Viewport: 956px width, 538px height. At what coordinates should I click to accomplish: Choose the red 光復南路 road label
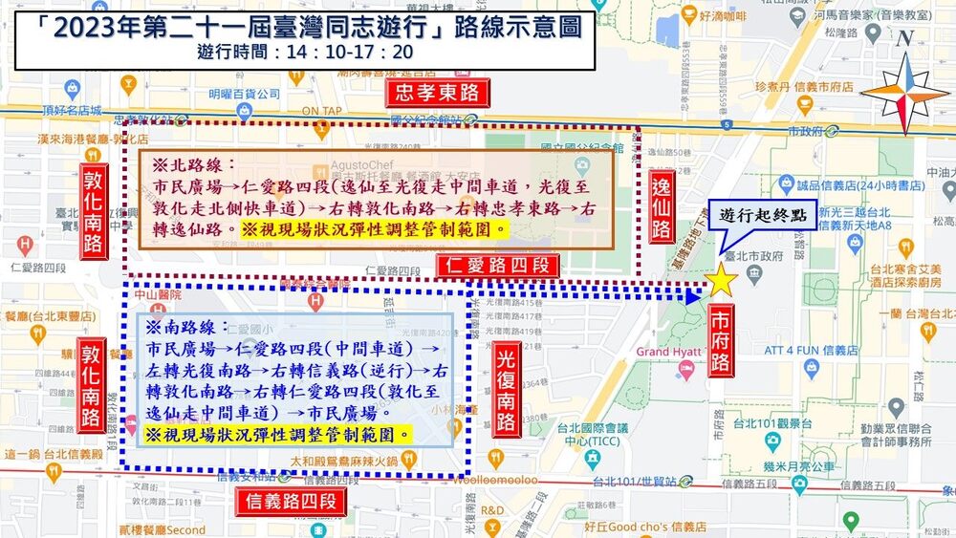[507, 389]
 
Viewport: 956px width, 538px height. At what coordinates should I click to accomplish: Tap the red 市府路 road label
[721, 339]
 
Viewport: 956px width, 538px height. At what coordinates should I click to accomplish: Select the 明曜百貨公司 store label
[243, 94]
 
